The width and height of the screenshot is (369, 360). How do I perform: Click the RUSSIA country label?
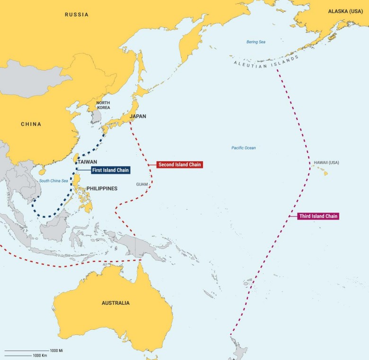(76, 15)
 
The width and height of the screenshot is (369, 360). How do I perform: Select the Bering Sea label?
(255, 42)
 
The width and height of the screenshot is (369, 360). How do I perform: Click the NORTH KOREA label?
(103, 105)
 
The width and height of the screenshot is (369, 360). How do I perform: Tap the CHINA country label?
(31, 124)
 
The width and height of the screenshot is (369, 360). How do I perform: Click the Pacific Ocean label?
(243, 148)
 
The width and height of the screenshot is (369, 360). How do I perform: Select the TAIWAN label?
(88, 162)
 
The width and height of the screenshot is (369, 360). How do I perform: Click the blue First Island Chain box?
(110, 170)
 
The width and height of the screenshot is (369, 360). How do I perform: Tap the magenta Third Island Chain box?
(318, 216)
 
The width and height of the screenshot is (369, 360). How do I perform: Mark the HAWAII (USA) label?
(326, 163)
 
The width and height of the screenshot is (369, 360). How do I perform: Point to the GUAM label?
(142, 184)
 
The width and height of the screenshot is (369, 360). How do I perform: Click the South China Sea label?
(53, 181)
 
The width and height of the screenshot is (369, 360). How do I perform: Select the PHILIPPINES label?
(102, 189)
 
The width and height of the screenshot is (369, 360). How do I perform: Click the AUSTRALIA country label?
(115, 303)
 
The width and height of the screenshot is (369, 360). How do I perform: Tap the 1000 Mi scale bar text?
(56, 351)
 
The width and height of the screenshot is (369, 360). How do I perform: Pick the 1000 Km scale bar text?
(40, 355)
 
